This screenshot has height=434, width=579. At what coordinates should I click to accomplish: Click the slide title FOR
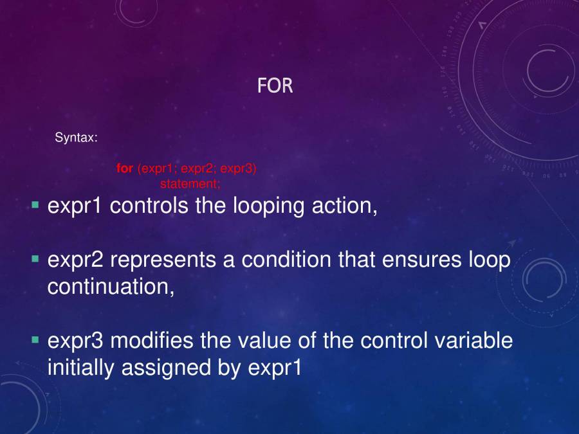275,86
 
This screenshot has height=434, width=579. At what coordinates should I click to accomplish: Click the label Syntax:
76,137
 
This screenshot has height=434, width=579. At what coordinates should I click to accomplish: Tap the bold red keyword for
125,169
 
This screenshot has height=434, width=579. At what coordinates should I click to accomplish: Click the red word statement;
190,184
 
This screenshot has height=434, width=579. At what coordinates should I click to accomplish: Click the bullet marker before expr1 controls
35,205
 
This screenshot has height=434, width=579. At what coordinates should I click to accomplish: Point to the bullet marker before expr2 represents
35,259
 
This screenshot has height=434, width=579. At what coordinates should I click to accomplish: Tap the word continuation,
111,287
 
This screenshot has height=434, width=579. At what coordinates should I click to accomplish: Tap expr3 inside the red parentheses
239,169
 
